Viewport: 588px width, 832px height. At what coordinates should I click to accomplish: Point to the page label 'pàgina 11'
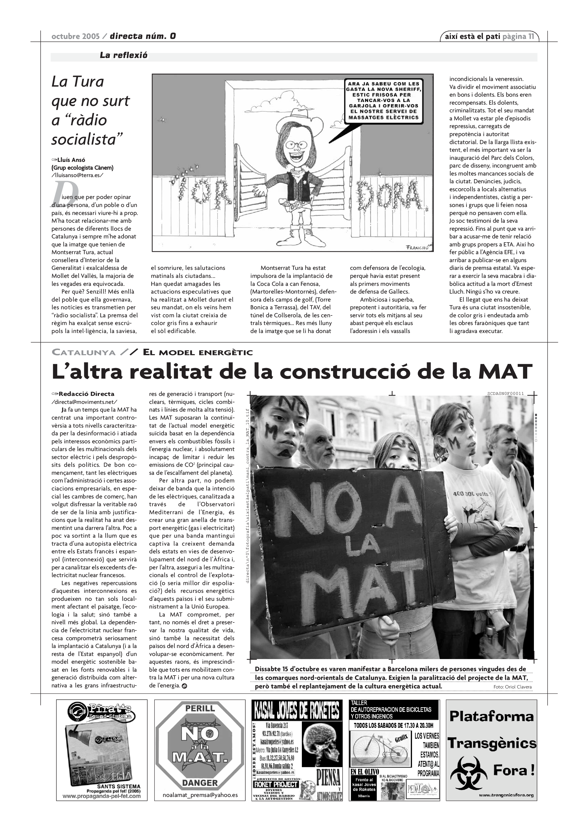[x=518, y=36]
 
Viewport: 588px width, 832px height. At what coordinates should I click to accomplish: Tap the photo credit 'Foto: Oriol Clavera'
[x=512, y=687]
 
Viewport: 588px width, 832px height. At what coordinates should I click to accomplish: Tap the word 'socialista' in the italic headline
[x=87, y=139]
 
